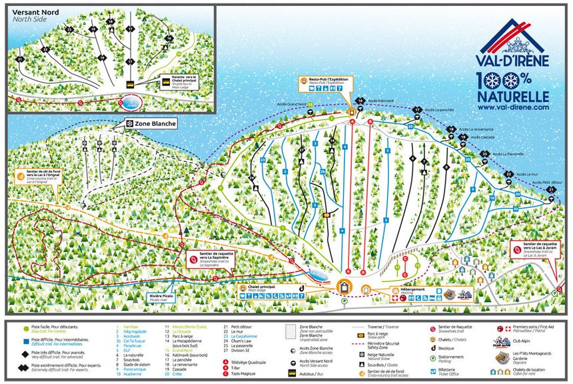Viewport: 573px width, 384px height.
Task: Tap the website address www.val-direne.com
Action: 513,107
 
